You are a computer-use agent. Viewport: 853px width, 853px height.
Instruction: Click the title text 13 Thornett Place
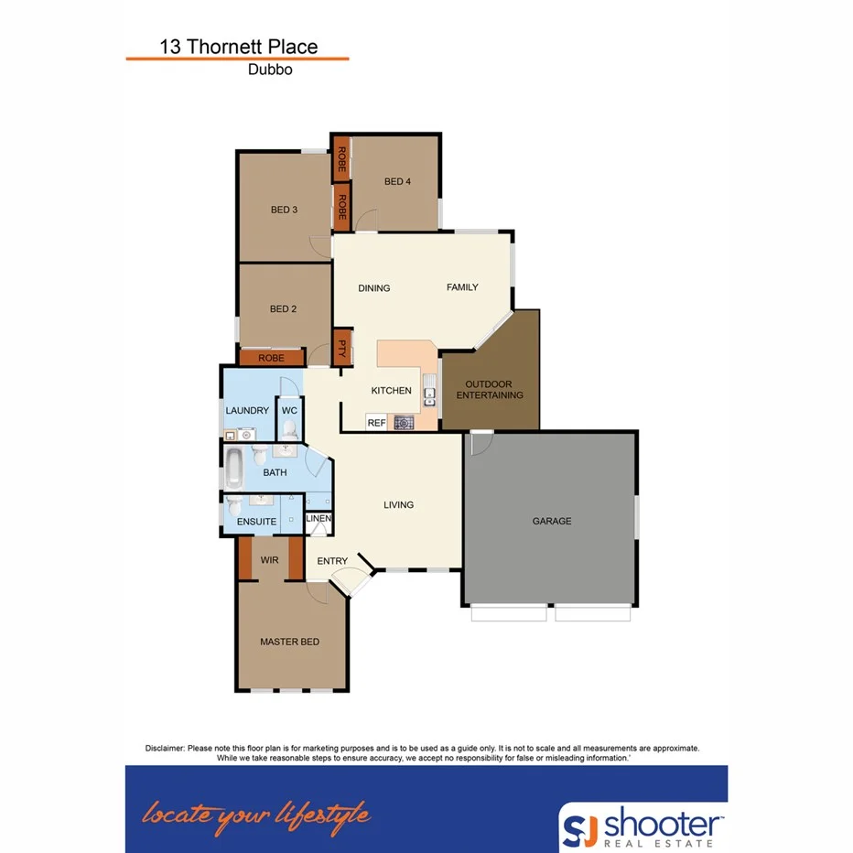[238, 47]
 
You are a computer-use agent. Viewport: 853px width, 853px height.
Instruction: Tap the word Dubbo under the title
[270, 70]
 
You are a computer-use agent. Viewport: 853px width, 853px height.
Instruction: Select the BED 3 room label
[284, 210]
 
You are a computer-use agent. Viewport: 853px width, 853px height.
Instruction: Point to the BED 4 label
[397, 181]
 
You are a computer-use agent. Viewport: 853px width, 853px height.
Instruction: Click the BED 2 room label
[284, 308]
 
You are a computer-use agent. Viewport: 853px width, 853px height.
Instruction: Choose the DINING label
[373, 288]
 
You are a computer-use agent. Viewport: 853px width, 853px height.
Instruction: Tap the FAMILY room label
[462, 287]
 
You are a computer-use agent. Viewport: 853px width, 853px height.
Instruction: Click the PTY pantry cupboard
[342, 348]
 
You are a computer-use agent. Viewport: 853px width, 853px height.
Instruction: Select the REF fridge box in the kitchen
[375, 422]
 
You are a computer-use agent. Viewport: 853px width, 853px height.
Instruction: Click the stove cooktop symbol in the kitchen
[403, 422]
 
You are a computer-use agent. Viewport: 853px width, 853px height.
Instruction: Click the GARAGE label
[552, 521]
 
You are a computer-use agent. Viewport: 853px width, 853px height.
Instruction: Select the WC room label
[289, 411]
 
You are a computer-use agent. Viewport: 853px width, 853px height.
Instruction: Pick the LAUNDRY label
[247, 411]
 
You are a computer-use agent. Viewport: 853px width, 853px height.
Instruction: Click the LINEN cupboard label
[318, 519]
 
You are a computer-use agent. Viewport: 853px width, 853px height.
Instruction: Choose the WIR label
[269, 559]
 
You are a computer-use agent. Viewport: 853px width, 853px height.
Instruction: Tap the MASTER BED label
[289, 642]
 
